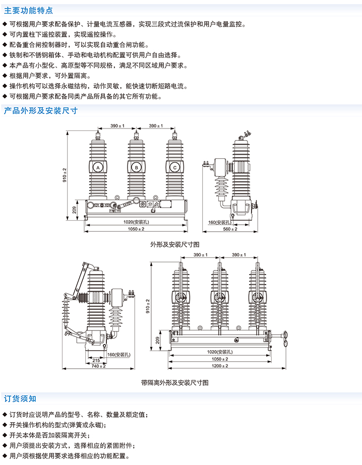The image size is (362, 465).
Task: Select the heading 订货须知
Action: [20, 398]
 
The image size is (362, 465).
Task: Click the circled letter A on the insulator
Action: [98, 167]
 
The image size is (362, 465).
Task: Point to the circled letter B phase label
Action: [136, 167]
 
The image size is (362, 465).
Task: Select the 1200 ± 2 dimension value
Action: [219, 366]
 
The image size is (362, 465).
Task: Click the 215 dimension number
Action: [96, 360]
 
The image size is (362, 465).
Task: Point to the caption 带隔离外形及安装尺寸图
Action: [175, 383]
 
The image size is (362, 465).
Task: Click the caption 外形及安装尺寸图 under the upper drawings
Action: [171, 243]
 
